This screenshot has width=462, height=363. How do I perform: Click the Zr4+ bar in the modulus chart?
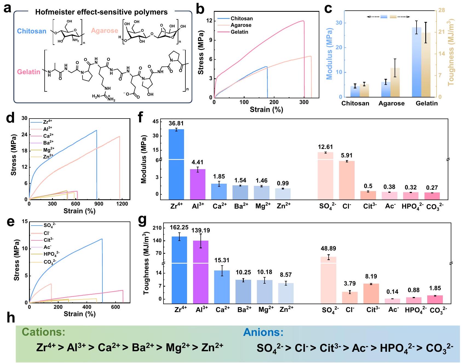point(176,164)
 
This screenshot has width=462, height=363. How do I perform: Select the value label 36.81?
point(176,123)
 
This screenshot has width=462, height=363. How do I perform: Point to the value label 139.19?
point(201,231)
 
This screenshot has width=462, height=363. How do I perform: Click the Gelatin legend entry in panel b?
point(239,32)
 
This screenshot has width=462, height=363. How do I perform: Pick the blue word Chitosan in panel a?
point(31,31)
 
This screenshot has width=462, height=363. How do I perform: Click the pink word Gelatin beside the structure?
point(29,72)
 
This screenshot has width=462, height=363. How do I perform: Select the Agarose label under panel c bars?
point(391,103)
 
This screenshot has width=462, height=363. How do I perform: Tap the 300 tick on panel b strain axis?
point(304,102)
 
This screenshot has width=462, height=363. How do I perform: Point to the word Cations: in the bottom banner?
point(44,332)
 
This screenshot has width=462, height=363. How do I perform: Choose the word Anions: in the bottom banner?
point(263,332)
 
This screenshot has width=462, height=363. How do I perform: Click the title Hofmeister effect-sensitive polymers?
point(101,12)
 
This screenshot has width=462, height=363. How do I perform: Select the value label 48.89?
point(328,249)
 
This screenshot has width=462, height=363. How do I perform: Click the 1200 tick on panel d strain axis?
point(122,204)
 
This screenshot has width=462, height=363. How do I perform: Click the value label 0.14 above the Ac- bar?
point(392,292)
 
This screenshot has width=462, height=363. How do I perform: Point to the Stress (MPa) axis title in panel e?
point(17,260)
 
